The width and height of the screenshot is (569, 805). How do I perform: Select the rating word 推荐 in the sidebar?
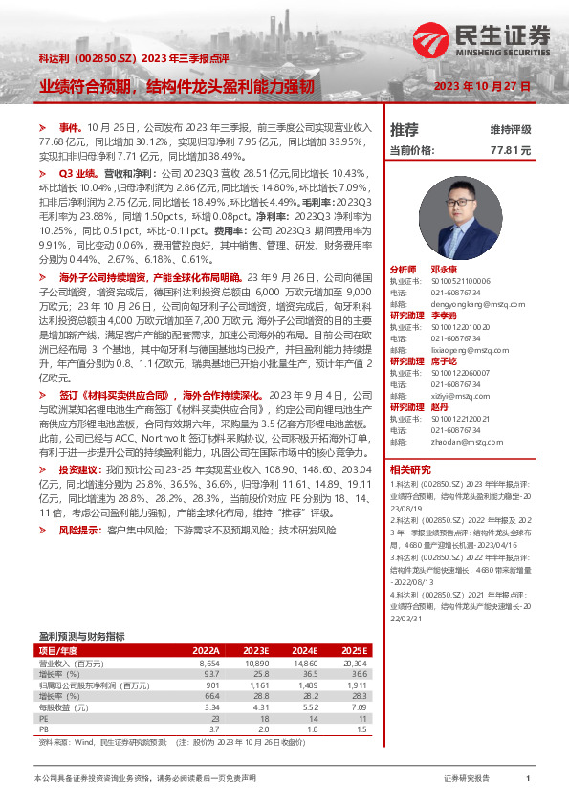[405, 129]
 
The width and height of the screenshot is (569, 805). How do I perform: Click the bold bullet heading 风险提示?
[80, 529]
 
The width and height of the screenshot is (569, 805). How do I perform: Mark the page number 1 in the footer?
[528, 779]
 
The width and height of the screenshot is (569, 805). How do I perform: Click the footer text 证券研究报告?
[467, 779]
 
